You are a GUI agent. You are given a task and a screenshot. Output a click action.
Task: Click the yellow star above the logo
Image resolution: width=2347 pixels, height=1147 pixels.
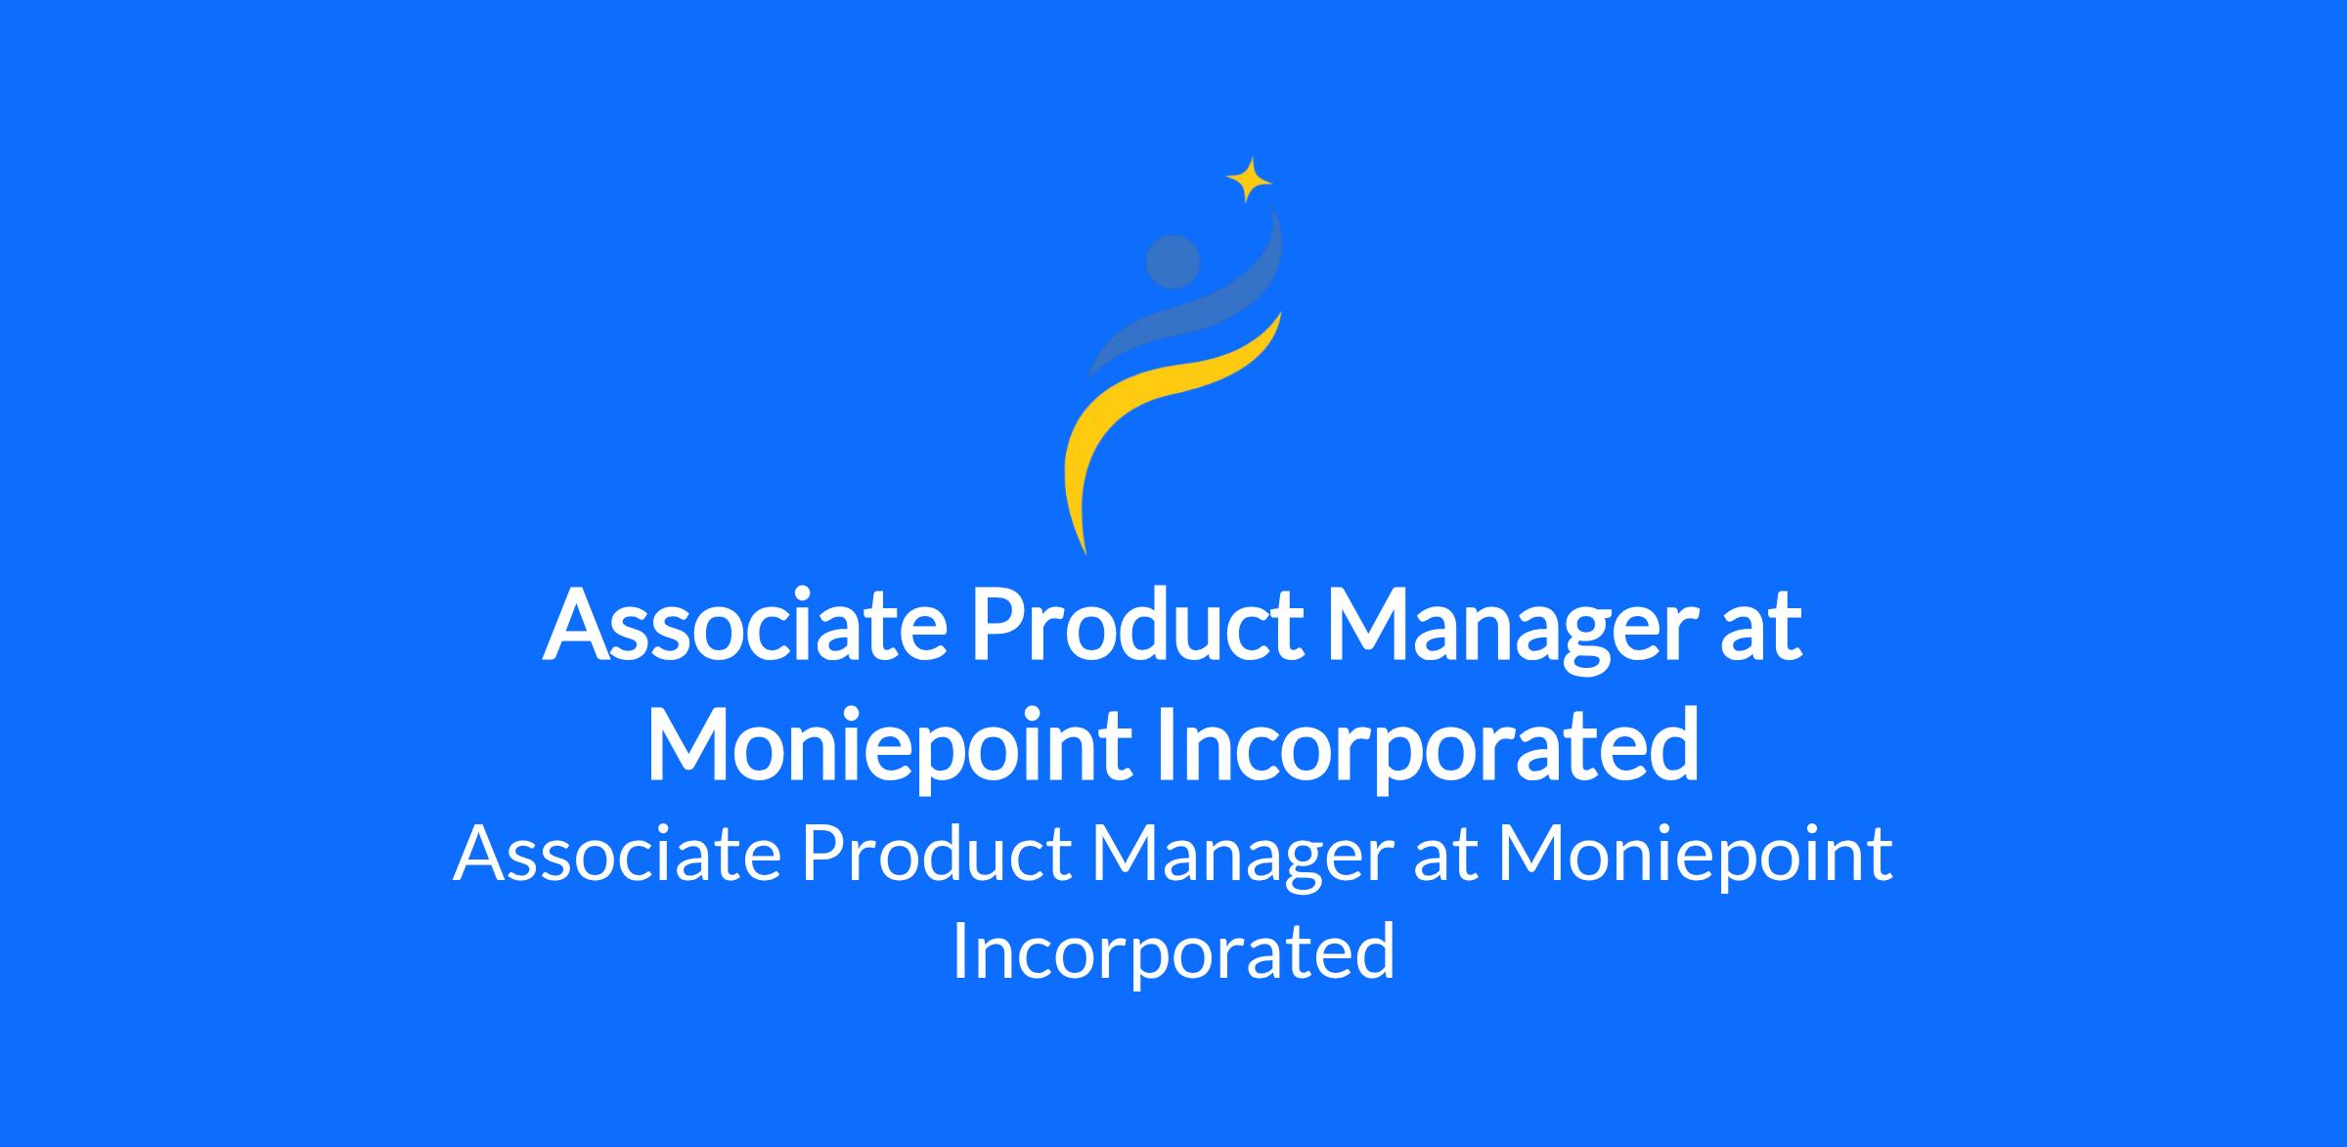click(1249, 180)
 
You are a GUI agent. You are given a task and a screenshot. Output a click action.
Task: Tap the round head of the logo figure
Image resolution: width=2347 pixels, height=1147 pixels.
click(1173, 262)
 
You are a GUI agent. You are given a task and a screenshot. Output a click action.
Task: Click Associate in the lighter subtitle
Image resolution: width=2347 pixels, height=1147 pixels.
click(617, 854)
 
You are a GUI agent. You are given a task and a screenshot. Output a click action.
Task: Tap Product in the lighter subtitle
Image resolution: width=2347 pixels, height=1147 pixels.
click(936, 854)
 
